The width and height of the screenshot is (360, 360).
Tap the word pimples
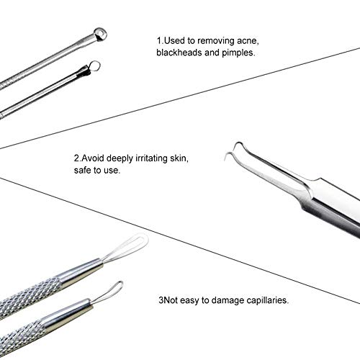(238, 53)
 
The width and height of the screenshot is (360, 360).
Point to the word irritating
(151, 158)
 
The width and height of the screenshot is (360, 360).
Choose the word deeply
(120, 159)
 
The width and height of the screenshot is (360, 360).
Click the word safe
(83, 171)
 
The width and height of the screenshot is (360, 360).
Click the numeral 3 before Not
(161, 300)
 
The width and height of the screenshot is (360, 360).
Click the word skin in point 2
(179, 158)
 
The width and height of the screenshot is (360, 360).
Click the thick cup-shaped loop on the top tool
(100, 35)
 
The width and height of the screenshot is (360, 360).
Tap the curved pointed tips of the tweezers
(234, 150)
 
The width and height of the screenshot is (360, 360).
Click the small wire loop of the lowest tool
(109, 293)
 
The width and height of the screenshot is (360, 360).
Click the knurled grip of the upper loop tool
(31, 294)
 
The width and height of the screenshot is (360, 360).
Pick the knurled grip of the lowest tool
(23, 337)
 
